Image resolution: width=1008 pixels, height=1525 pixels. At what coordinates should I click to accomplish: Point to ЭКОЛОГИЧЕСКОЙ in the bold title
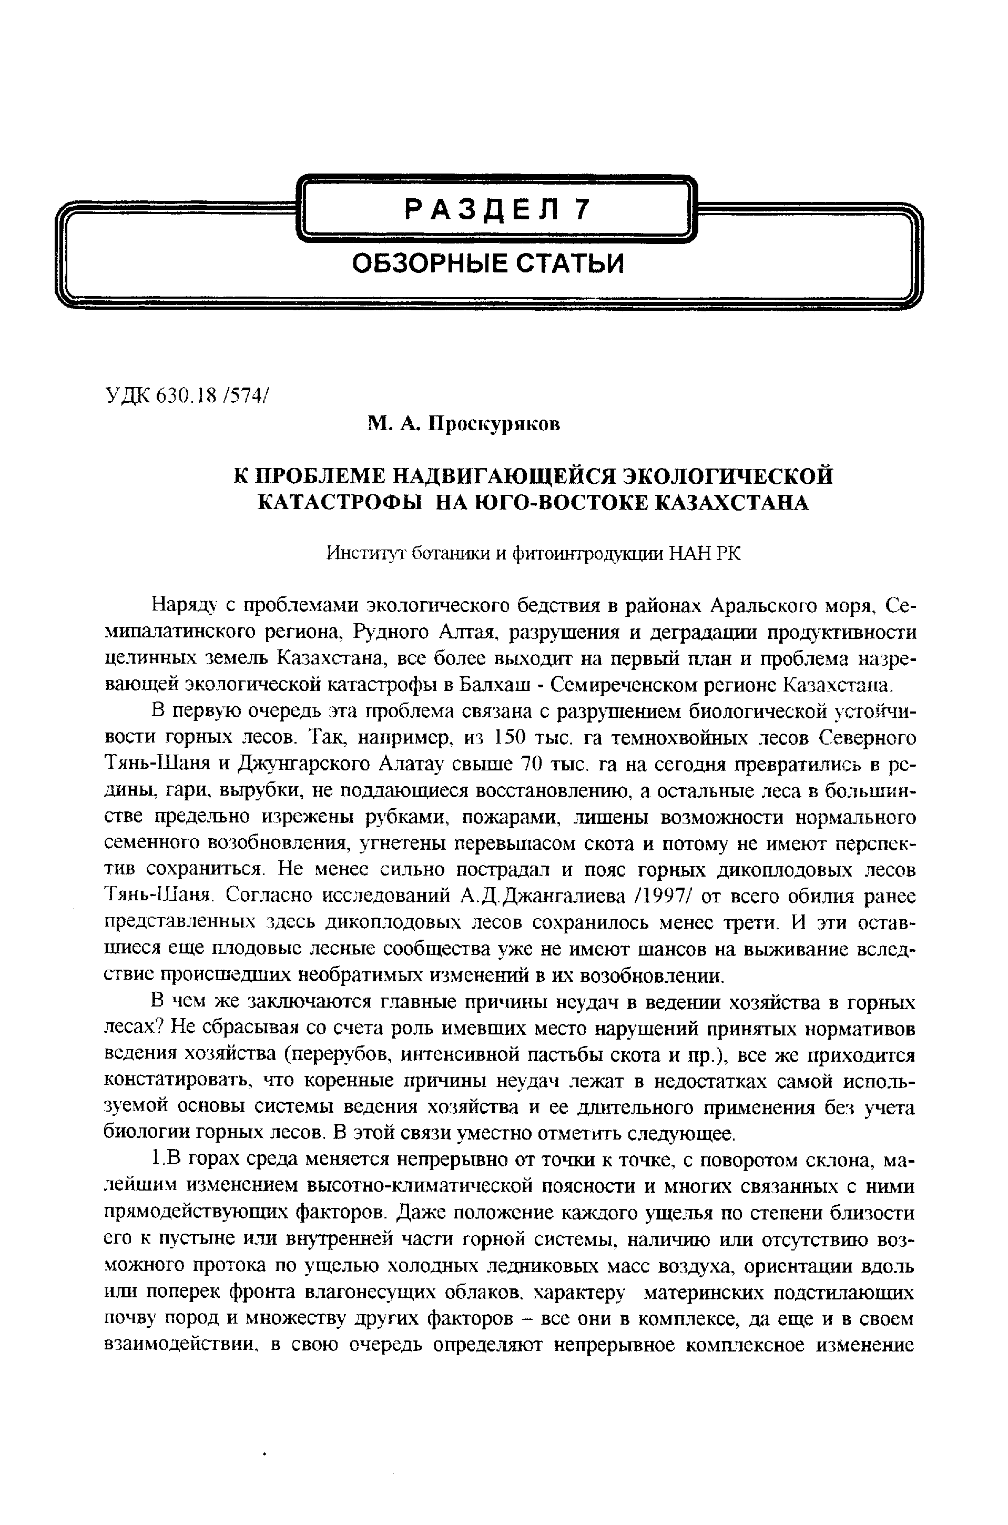coord(729,476)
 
